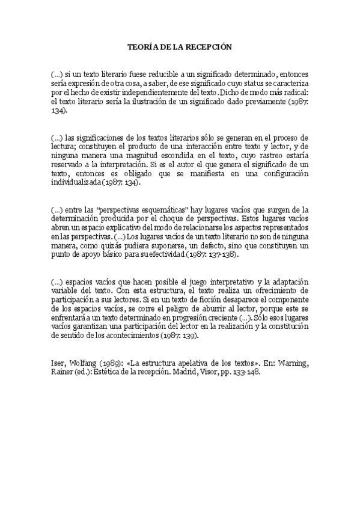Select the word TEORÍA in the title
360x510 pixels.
144,46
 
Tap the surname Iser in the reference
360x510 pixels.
59,363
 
